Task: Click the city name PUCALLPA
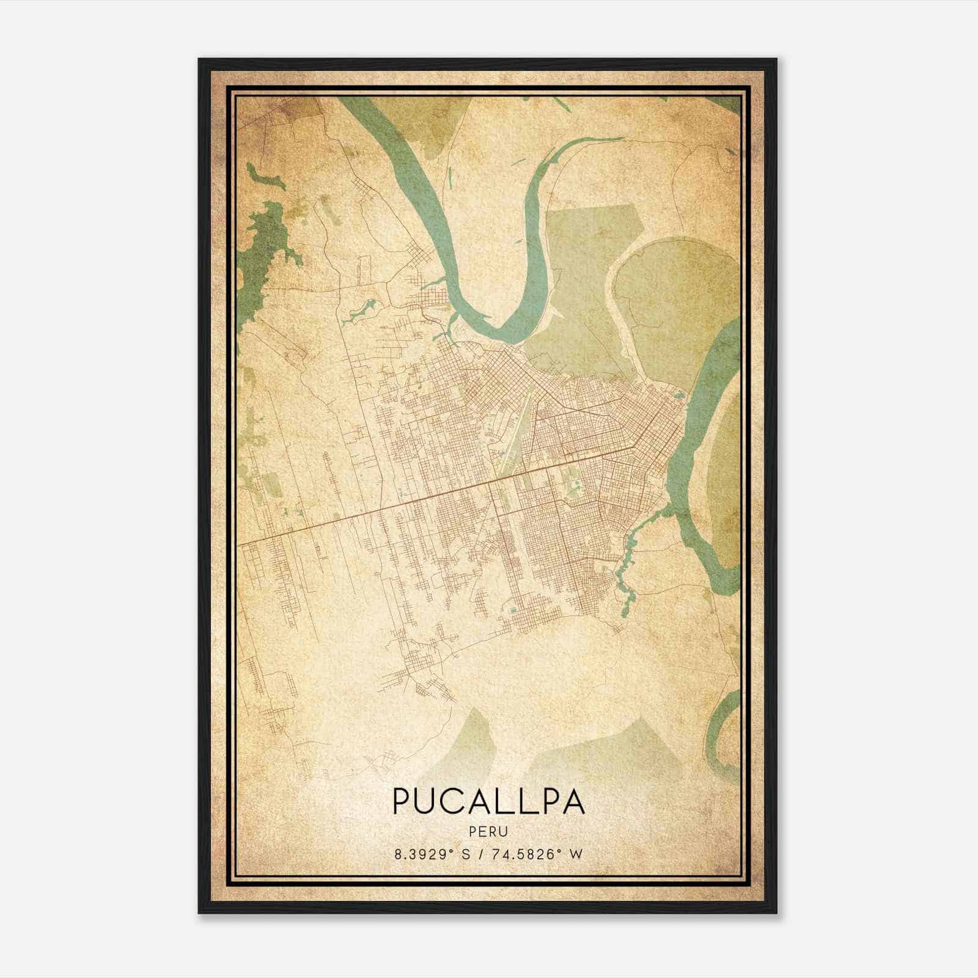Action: (x=488, y=801)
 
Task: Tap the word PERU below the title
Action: (x=488, y=831)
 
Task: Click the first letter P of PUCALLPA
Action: (x=403, y=801)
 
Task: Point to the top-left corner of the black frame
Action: (x=200, y=60)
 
